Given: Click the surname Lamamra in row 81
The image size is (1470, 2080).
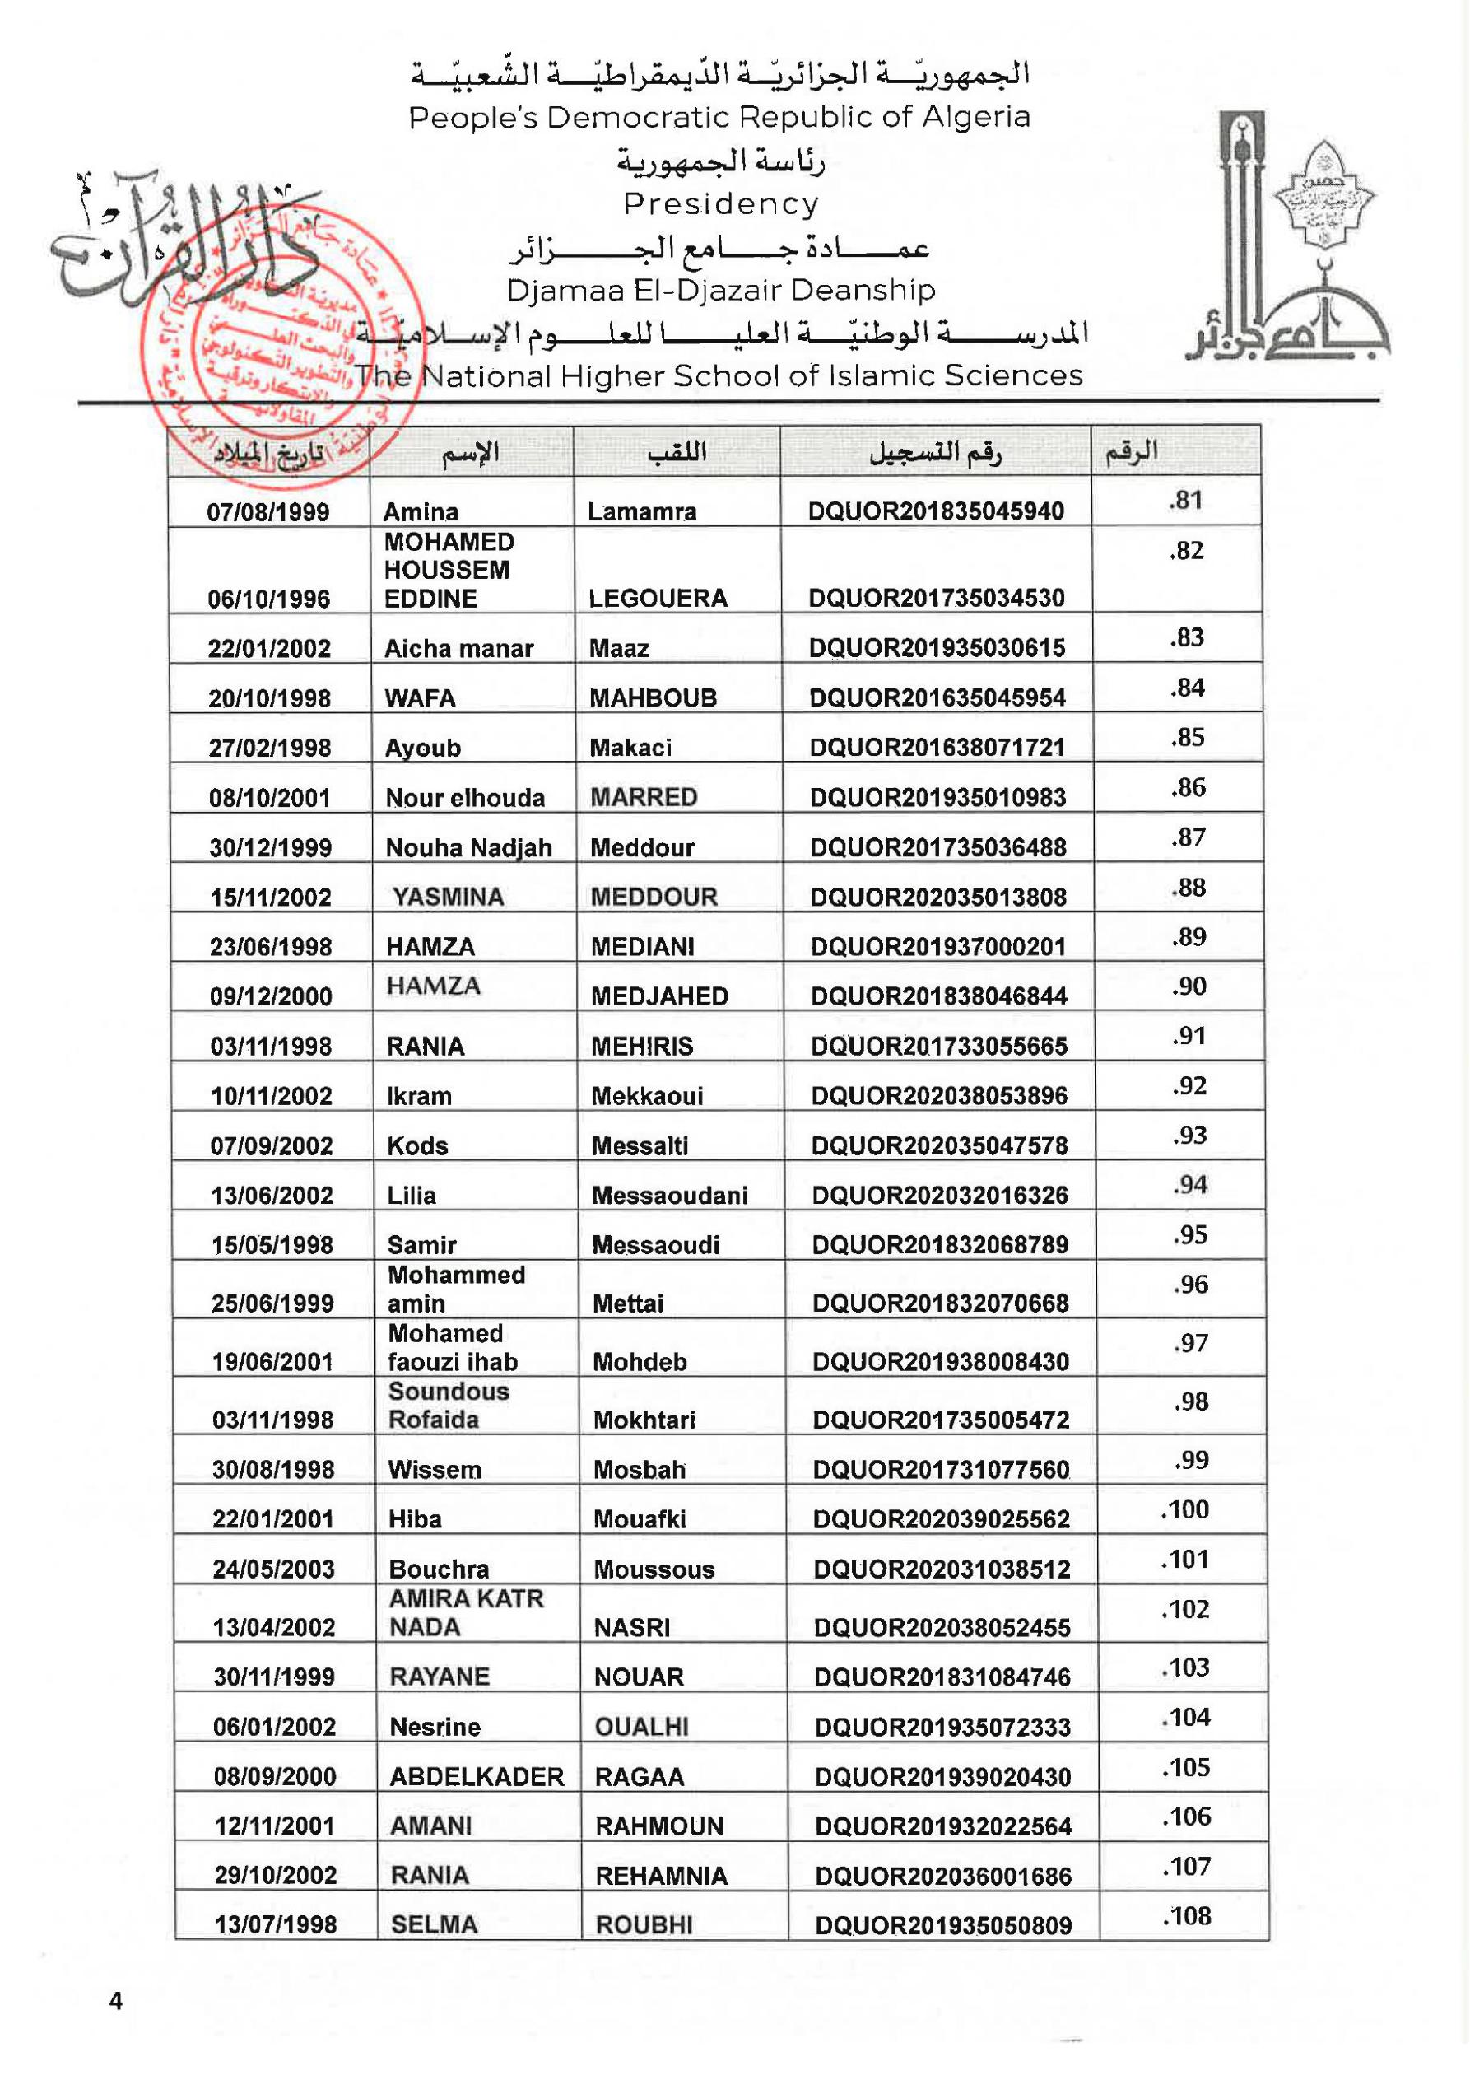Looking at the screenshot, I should [641, 512].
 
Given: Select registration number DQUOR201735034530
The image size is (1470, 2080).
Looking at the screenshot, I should [937, 598].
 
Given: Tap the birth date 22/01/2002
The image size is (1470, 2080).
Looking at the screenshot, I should [269, 649].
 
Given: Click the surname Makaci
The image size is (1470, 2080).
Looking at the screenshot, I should [630, 749].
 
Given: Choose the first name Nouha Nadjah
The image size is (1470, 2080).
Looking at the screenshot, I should [468, 848].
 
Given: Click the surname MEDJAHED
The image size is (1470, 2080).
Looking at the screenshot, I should [659, 996].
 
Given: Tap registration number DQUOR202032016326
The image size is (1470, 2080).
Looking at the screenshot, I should [939, 1195].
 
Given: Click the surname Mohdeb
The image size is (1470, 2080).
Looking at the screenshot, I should [640, 1362].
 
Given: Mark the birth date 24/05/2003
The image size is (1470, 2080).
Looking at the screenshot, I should [273, 1569].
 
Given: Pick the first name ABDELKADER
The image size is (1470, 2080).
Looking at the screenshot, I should [477, 1776].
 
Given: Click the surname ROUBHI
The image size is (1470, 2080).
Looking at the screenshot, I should [643, 1925].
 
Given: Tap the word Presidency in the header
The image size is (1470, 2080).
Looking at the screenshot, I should [721, 204].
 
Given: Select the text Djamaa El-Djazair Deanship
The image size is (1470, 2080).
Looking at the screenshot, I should [720, 290].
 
